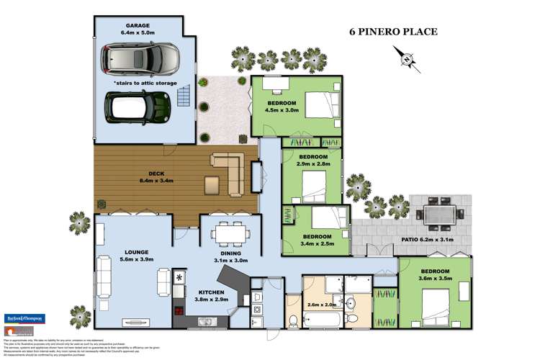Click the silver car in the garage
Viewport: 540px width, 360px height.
click(141, 59)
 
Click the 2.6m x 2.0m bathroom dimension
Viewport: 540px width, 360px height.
click(320, 304)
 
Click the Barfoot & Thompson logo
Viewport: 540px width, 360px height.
click(25, 318)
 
